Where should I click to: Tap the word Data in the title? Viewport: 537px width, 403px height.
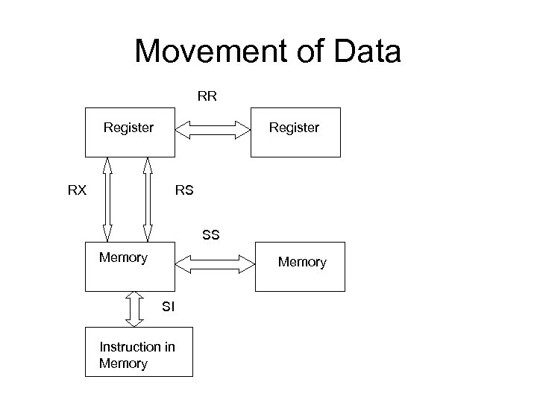368,52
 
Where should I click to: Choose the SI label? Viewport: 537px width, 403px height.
169,305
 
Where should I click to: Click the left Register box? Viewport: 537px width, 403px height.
130,134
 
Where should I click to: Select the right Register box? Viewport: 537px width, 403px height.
295,134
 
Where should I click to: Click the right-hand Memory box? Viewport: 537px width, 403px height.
301,266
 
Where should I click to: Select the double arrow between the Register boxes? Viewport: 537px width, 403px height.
213,132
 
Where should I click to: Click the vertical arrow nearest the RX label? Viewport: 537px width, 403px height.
109,199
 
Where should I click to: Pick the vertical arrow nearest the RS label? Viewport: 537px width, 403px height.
148,199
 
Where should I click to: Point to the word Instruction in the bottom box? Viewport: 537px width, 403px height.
128,347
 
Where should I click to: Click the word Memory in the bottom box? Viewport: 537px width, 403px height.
123,363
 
